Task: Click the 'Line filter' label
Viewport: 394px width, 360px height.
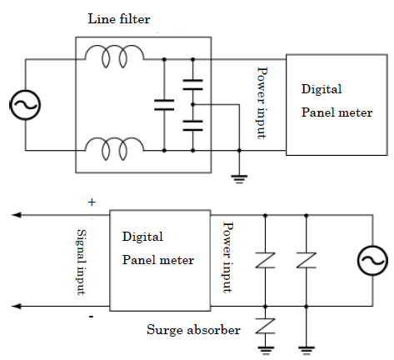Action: (119, 19)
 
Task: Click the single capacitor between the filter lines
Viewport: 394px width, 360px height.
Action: (164, 105)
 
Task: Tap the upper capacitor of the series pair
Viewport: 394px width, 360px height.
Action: (193, 85)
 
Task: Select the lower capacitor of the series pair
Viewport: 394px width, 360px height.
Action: (193, 125)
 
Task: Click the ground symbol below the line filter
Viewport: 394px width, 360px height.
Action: (239, 179)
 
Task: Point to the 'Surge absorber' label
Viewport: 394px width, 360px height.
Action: (193, 330)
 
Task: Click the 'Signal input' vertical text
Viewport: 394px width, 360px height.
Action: (81, 262)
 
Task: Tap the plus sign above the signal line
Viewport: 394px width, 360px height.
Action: (92, 202)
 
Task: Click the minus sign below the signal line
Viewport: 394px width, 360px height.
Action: (91, 317)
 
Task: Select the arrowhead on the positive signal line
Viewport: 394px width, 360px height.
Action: (16, 215)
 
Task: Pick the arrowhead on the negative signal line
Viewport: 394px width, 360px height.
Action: (16, 306)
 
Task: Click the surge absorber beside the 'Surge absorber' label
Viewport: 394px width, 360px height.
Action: (265, 326)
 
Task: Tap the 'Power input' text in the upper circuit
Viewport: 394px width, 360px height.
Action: (261, 102)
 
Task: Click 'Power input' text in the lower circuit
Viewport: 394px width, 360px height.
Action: (227, 257)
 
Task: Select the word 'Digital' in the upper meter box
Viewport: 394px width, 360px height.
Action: (322, 89)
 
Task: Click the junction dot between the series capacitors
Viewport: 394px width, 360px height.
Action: (193, 105)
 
